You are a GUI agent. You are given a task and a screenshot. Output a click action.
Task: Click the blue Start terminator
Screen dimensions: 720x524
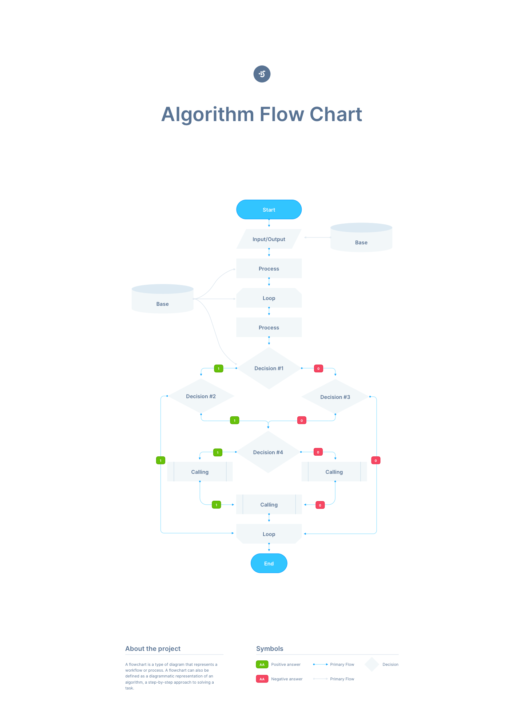(269, 209)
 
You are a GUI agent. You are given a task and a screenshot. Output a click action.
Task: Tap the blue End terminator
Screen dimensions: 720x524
(269, 563)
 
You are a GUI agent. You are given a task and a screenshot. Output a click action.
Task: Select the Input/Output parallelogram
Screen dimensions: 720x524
(269, 239)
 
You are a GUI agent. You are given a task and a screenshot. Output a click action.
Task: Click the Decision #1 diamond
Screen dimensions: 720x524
(269, 368)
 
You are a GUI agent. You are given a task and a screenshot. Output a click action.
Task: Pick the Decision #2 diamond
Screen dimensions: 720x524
(201, 396)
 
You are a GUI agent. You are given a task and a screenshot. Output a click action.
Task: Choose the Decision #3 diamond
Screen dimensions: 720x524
(335, 397)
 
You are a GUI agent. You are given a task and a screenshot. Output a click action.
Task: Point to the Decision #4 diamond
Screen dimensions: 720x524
(268, 452)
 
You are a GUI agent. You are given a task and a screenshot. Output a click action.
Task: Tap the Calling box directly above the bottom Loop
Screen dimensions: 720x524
(269, 505)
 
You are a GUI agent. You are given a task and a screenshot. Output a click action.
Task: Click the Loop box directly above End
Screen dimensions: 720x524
(269, 534)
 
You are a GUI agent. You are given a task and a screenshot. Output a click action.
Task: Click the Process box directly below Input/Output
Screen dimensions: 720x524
(269, 269)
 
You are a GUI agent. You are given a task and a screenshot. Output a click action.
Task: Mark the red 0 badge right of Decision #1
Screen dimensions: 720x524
(318, 369)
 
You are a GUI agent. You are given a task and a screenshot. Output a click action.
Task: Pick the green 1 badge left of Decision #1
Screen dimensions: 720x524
(219, 369)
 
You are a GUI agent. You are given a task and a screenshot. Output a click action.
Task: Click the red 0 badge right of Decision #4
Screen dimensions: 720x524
(318, 452)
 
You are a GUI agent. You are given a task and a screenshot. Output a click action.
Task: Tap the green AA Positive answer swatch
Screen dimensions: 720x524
(262, 664)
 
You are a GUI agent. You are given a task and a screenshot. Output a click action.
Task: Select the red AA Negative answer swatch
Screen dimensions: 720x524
(262, 679)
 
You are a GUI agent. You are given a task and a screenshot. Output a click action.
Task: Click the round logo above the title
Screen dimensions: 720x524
(262, 74)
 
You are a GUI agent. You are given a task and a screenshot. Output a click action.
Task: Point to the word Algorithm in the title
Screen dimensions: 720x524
(207, 115)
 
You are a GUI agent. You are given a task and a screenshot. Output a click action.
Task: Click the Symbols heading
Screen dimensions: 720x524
(270, 649)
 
